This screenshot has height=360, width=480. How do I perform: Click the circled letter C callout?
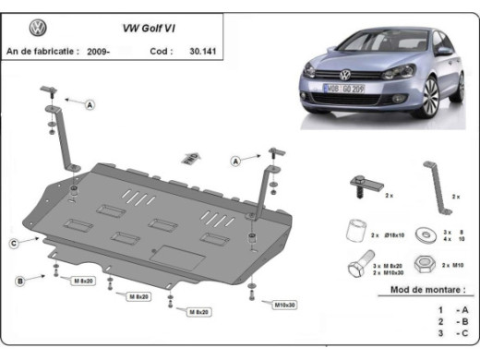pyautogui.click(x=15, y=243)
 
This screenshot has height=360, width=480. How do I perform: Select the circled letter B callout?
pyautogui.click(x=18, y=278)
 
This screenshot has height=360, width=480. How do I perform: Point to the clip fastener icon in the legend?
pyautogui.click(x=358, y=186)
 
